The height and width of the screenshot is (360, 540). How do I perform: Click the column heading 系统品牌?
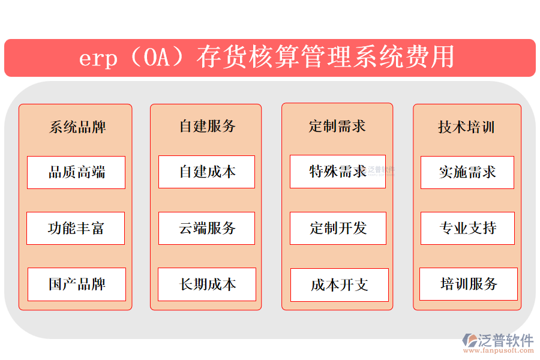[77, 127]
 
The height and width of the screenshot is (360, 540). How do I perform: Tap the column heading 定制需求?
[337, 126]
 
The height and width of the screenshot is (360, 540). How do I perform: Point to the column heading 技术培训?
[466, 127]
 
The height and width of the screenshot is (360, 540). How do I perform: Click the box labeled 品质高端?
[76, 173]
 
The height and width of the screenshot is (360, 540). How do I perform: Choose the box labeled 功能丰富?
[76, 228]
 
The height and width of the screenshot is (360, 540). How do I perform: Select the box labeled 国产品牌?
[77, 284]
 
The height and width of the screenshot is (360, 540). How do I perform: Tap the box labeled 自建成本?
[206, 172]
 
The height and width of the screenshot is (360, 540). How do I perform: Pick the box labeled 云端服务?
[206, 228]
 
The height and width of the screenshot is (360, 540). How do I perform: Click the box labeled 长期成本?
[207, 284]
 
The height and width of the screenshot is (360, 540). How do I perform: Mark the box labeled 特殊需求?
[337, 172]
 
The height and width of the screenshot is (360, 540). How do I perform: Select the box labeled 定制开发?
[338, 228]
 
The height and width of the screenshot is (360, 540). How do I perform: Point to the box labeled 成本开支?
[339, 285]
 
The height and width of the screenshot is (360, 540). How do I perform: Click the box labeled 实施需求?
[467, 173]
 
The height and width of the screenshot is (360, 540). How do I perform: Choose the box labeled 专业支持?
[467, 228]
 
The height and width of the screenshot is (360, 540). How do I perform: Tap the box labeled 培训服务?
[468, 284]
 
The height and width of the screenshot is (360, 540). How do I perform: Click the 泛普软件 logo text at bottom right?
[505, 340]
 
